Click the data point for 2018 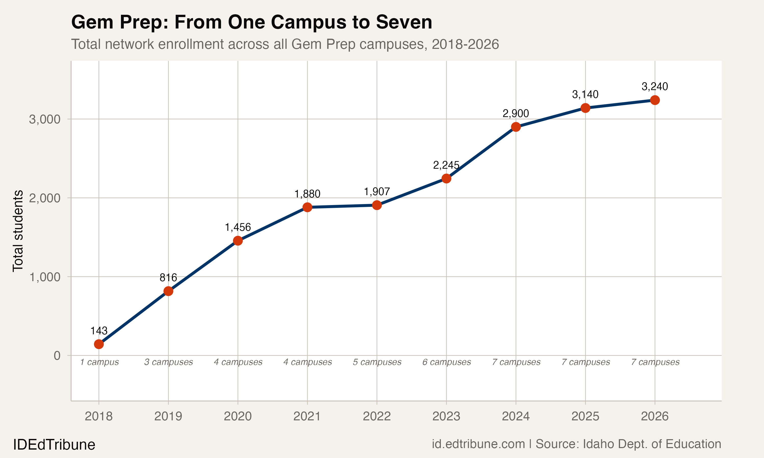click(x=99, y=344)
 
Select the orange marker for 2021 click(x=307, y=207)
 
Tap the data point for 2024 click(x=516, y=127)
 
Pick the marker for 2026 click(x=655, y=100)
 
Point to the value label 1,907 click(x=377, y=192)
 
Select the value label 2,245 click(x=446, y=165)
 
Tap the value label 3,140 click(x=585, y=94)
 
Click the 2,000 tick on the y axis click(x=45, y=198)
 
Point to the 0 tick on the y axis click(x=57, y=355)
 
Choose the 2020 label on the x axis click(x=238, y=416)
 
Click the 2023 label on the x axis click(x=446, y=416)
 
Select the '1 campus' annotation click(x=99, y=362)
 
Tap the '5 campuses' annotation click(x=377, y=362)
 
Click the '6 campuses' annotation click(x=446, y=362)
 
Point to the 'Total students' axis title click(x=18, y=231)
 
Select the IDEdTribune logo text click(x=54, y=445)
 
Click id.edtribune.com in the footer click(x=478, y=444)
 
